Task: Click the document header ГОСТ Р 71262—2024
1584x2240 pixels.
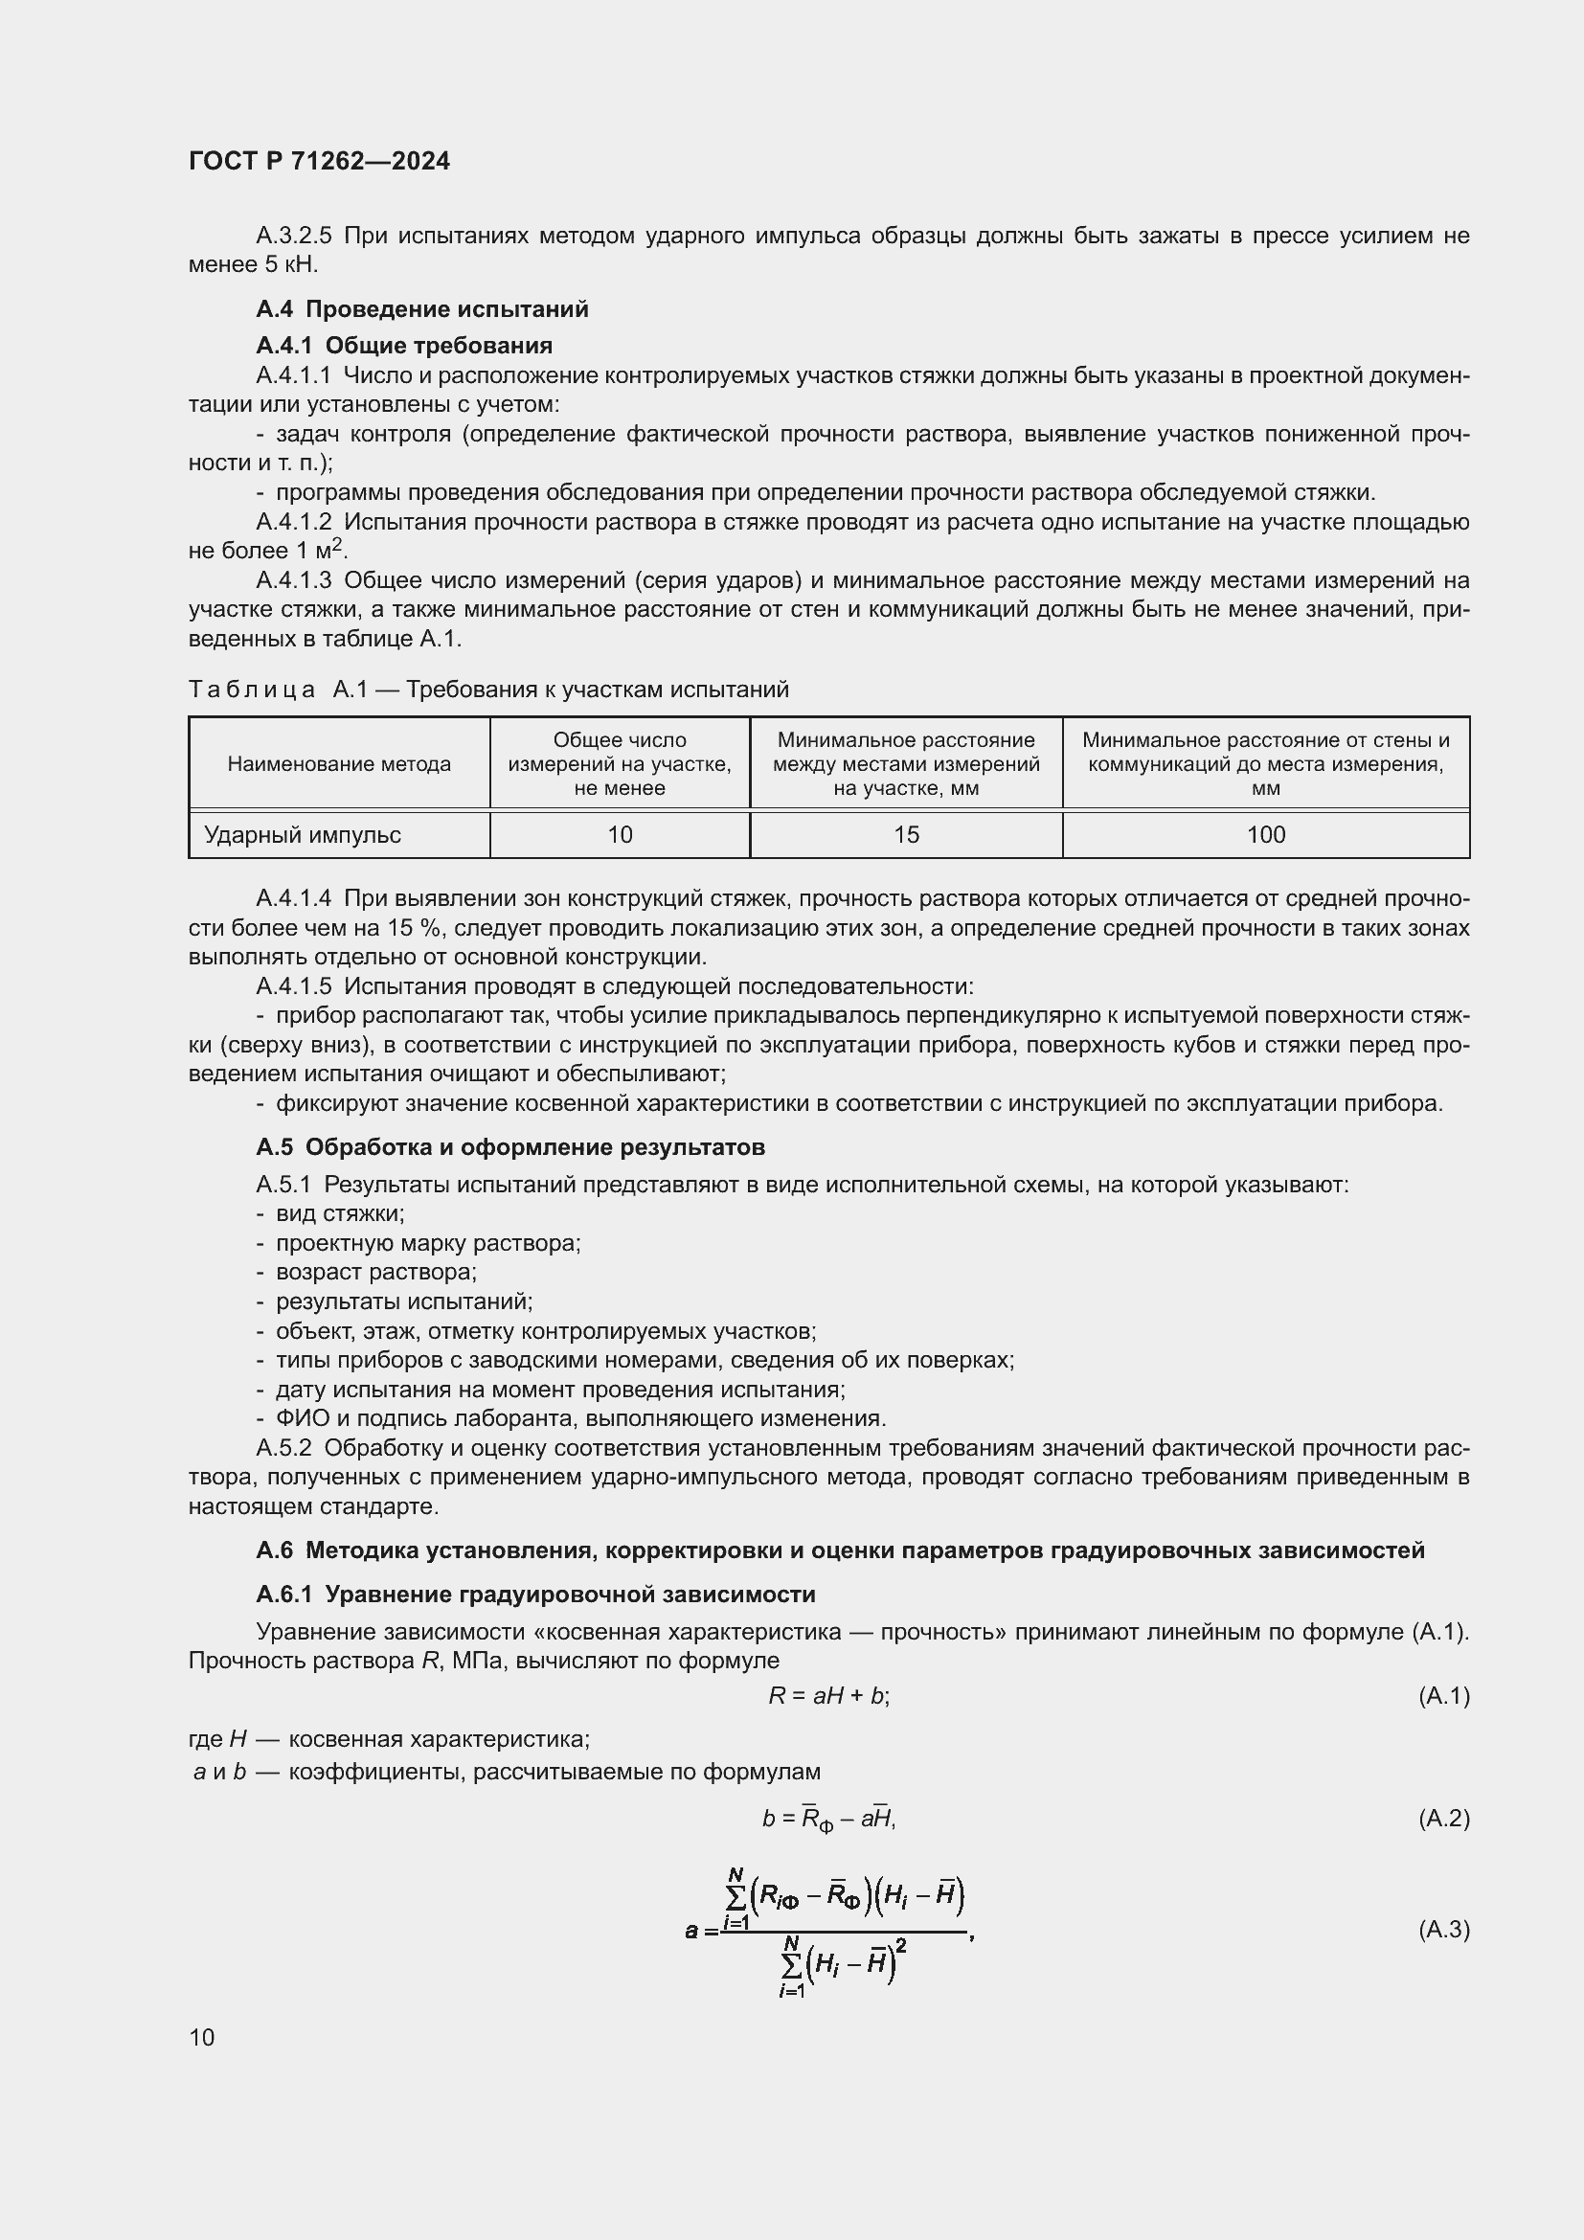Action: (319, 161)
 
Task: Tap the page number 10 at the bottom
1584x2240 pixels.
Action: (202, 2037)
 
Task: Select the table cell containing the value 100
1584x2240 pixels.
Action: (1265, 834)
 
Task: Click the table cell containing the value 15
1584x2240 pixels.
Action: (905, 834)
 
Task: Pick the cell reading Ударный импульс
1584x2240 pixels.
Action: (303, 834)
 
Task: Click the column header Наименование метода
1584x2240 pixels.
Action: (338, 764)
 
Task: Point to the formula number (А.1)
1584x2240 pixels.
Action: (1443, 1695)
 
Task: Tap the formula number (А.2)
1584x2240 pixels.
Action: (1443, 1818)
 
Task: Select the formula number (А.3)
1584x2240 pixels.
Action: (1443, 1929)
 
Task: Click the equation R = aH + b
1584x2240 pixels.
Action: (828, 1695)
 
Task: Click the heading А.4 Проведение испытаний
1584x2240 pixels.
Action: (421, 309)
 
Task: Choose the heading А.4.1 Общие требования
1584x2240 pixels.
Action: (404, 346)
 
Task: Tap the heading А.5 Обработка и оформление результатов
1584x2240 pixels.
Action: (510, 1146)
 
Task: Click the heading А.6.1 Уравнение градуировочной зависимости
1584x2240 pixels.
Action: (535, 1595)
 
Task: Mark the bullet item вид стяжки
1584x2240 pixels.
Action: (338, 1213)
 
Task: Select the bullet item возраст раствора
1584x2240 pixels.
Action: (375, 1271)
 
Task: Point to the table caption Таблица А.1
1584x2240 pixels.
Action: (487, 690)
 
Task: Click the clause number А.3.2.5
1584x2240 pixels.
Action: (294, 237)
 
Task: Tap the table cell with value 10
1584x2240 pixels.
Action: (620, 834)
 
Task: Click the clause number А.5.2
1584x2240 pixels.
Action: (283, 1448)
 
